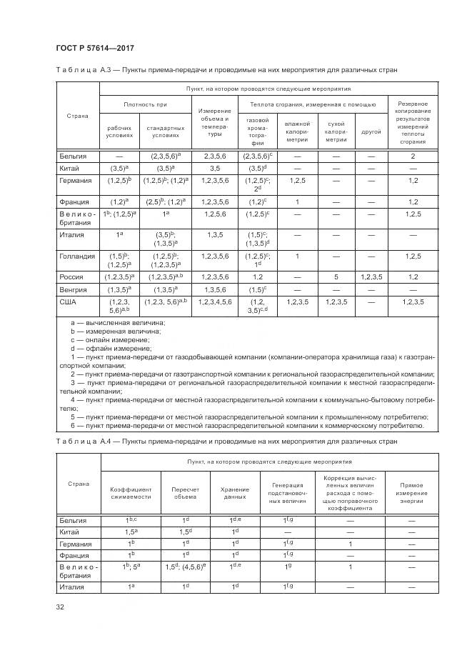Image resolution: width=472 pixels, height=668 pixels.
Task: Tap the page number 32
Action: (x=60, y=607)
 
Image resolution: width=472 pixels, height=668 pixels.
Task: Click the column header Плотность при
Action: (x=145, y=104)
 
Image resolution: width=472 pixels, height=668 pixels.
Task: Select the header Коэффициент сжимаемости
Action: (x=131, y=492)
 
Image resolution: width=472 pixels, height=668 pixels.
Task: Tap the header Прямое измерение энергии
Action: (x=411, y=492)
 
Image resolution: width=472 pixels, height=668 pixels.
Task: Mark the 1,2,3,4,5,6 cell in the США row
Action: (x=214, y=302)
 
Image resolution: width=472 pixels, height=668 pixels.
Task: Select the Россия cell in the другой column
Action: (x=371, y=276)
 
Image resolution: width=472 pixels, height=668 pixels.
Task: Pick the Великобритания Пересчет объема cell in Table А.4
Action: (x=185, y=567)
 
